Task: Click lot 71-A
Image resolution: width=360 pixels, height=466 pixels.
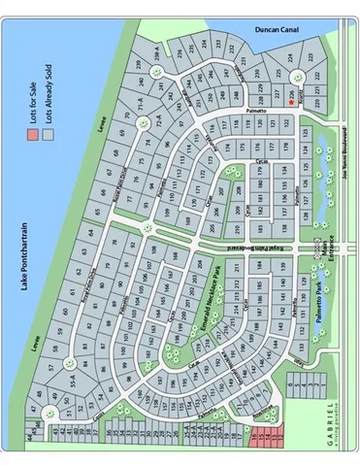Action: click(x=139, y=100)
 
